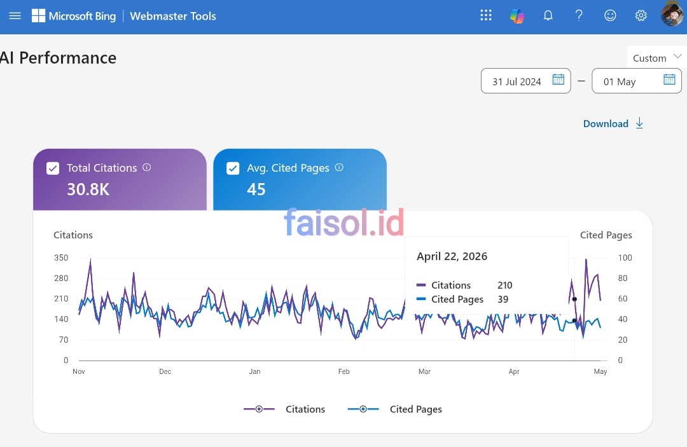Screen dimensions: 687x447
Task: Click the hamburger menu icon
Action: click(15, 16)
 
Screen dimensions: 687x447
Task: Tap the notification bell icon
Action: click(548, 16)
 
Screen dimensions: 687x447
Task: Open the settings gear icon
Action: click(641, 16)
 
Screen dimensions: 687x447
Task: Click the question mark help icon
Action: click(579, 16)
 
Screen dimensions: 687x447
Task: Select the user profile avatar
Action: click(672, 13)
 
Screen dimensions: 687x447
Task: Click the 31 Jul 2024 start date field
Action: click(526, 81)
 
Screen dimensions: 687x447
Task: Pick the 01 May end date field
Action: click(637, 81)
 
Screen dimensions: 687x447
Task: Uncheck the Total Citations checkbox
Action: click(53, 168)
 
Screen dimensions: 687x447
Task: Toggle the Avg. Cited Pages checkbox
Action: click(233, 168)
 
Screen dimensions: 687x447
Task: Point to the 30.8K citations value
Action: click(88, 189)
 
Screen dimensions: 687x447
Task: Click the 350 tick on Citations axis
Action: click(61, 258)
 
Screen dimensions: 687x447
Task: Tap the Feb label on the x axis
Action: click(344, 371)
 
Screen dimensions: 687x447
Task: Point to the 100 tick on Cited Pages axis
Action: click(625, 258)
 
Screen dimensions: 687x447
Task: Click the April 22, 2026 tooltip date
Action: click(452, 256)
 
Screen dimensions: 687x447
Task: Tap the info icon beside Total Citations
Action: click(147, 167)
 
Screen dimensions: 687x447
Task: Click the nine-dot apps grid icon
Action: click(486, 15)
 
